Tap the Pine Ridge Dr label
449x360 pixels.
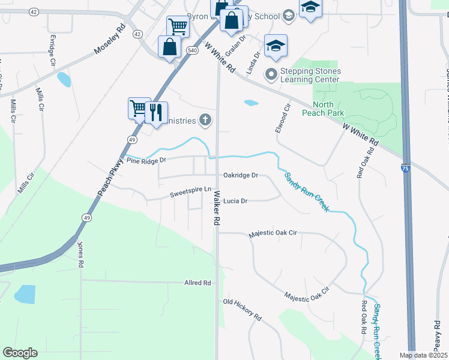(x=146, y=161)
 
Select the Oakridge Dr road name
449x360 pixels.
(x=240, y=175)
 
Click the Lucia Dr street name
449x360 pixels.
(x=235, y=202)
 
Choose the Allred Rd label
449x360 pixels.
(x=197, y=283)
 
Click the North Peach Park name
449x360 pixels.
(x=331, y=109)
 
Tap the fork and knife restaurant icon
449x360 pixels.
(x=157, y=112)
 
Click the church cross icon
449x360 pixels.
(x=205, y=121)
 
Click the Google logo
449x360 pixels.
(x=20, y=352)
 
